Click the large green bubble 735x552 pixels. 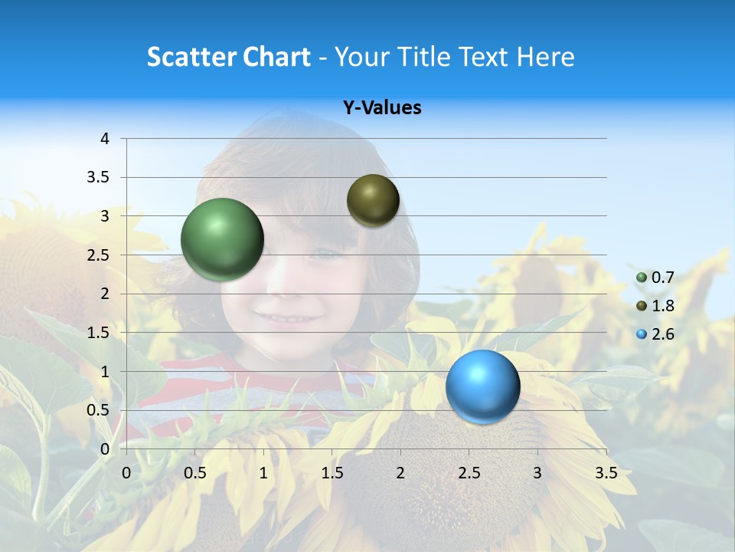point(222,239)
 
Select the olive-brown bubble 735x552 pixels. point(373,200)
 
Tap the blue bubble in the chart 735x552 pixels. point(482,386)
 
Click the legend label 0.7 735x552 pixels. point(662,278)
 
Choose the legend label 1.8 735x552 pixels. point(662,306)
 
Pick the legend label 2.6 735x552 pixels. point(662,334)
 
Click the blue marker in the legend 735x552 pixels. point(642,334)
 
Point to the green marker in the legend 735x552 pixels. point(642,278)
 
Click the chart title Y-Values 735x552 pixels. point(382,108)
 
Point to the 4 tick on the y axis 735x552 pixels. point(105,139)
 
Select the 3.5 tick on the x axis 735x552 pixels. point(606,473)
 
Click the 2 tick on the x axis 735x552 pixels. point(400,473)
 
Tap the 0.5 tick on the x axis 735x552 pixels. point(195,473)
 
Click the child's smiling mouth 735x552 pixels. point(277,317)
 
